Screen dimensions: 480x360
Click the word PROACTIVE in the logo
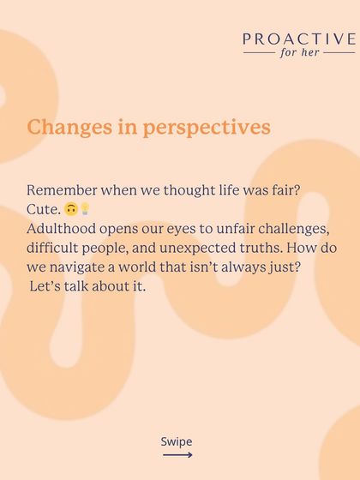(x=299, y=39)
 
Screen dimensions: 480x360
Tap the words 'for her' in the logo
(x=299, y=53)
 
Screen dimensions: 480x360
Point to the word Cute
(x=43, y=208)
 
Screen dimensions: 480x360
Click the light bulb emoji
(x=85, y=208)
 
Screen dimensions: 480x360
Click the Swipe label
(x=177, y=442)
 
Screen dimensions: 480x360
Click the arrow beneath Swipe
(x=177, y=455)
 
